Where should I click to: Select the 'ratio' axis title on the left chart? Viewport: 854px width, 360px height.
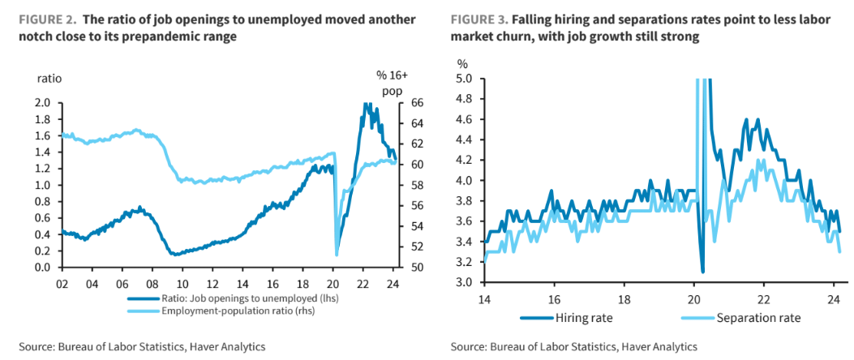(x=49, y=79)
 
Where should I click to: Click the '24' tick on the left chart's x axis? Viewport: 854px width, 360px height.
(x=393, y=284)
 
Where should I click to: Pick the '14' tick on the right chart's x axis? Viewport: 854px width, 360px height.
(x=484, y=298)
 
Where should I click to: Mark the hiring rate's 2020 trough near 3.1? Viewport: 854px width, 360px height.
(x=702, y=271)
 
